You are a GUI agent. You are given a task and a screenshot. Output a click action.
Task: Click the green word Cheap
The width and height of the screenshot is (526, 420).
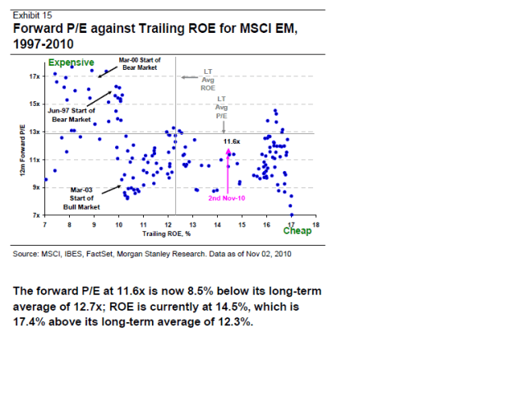(297, 231)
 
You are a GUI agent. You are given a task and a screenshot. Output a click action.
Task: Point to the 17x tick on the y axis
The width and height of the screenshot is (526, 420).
(34, 76)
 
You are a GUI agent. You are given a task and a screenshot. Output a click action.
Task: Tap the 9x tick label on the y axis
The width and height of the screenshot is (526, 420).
(35, 187)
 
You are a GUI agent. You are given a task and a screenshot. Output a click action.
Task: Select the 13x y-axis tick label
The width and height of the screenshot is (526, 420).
(34, 132)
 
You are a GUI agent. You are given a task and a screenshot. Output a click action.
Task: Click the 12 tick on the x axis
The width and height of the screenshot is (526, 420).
(168, 224)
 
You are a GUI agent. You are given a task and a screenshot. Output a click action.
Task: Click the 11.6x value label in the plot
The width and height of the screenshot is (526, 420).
(232, 141)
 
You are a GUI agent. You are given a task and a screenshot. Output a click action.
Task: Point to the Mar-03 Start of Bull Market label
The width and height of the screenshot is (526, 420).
(82, 198)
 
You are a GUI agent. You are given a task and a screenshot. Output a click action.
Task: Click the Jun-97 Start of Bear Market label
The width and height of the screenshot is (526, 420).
(72, 114)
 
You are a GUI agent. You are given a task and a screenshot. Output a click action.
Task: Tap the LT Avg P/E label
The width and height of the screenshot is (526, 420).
(221, 108)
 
